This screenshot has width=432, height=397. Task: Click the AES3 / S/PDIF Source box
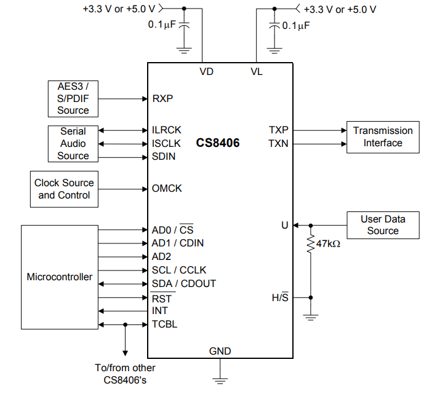(73, 98)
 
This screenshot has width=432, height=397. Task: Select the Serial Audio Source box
(73, 144)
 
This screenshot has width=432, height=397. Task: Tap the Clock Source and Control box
(64, 189)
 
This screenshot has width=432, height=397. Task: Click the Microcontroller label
(60, 277)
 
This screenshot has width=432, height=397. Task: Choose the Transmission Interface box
(383, 137)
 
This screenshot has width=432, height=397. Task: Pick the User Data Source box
(383, 225)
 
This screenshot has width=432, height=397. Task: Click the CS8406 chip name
(218, 143)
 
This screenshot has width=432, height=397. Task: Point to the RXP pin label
(162, 98)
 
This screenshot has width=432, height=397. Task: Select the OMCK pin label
(167, 189)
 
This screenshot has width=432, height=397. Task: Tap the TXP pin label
(278, 130)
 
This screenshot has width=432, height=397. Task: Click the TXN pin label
(278, 144)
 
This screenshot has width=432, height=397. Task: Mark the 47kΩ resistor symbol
(310, 244)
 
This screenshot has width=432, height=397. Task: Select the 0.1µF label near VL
(295, 26)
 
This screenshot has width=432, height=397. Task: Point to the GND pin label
(220, 351)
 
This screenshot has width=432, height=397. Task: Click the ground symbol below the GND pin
(220, 379)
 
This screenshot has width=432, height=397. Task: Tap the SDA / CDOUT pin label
(184, 284)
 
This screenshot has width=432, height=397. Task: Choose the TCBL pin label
(164, 324)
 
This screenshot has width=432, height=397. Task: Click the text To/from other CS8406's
(126, 374)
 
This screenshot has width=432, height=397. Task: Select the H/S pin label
(280, 297)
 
